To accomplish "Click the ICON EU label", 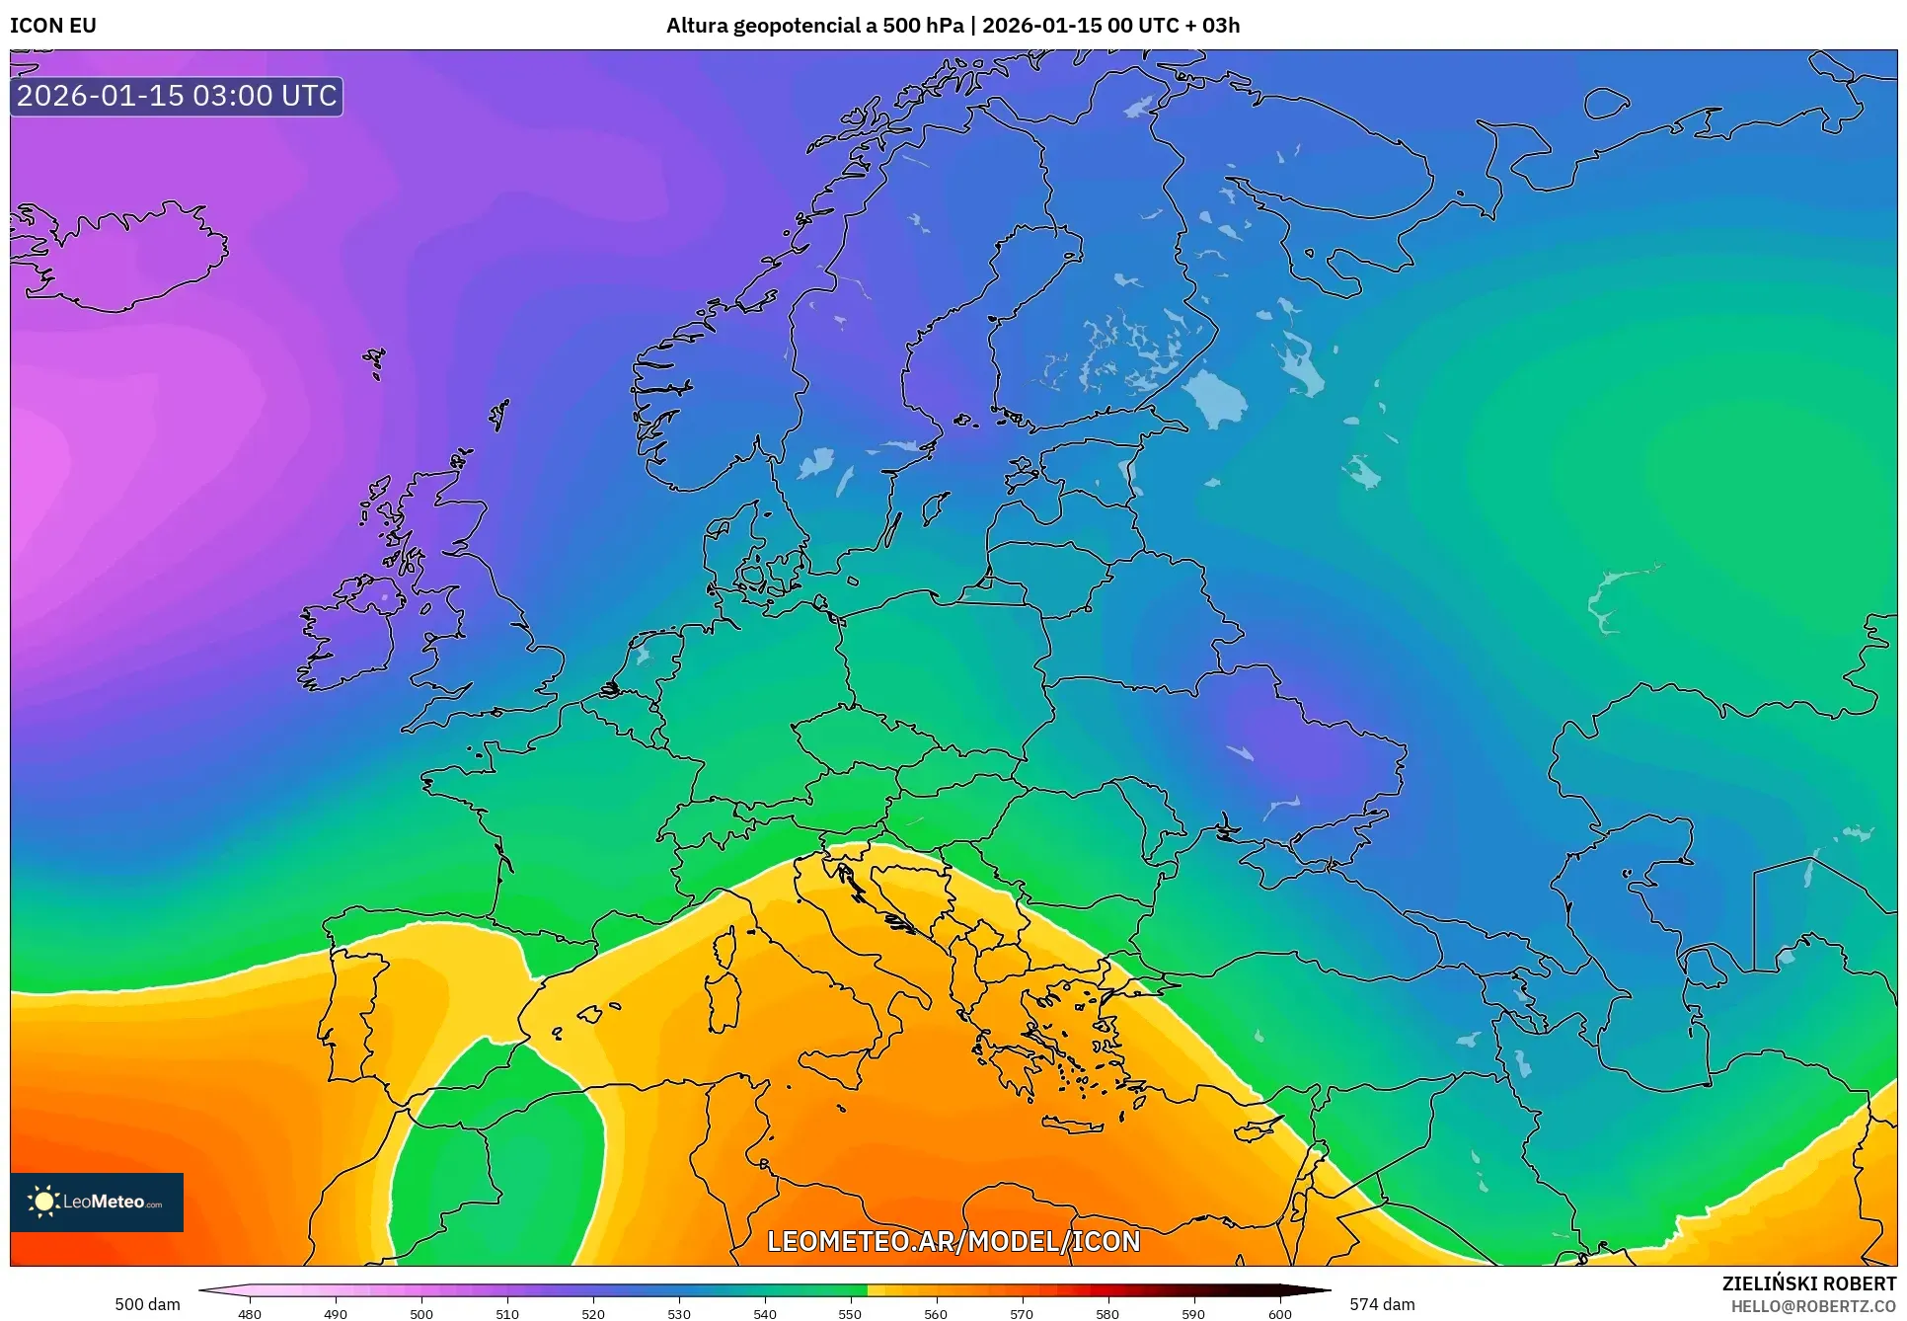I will tap(53, 26).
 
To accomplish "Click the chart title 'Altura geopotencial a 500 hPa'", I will tap(813, 26).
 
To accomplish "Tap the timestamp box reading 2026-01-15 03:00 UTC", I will tap(177, 96).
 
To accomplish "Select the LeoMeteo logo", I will tap(97, 1202).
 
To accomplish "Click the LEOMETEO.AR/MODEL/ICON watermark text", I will tap(953, 1241).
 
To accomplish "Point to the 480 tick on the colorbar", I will tap(250, 1313).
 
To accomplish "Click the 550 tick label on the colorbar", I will tap(850, 1313).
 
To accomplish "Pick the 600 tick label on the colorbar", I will tap(1279, 1313).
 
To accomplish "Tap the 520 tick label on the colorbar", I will tap(593, 1313).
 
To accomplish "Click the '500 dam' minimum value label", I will tap(147, 1304).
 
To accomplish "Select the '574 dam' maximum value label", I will tap(1382, 1304).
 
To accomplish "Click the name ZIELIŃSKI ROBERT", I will tap(1808, 1283).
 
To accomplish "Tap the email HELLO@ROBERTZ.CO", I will tap(1813, 1306).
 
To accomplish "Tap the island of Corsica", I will tap(725, 946).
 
